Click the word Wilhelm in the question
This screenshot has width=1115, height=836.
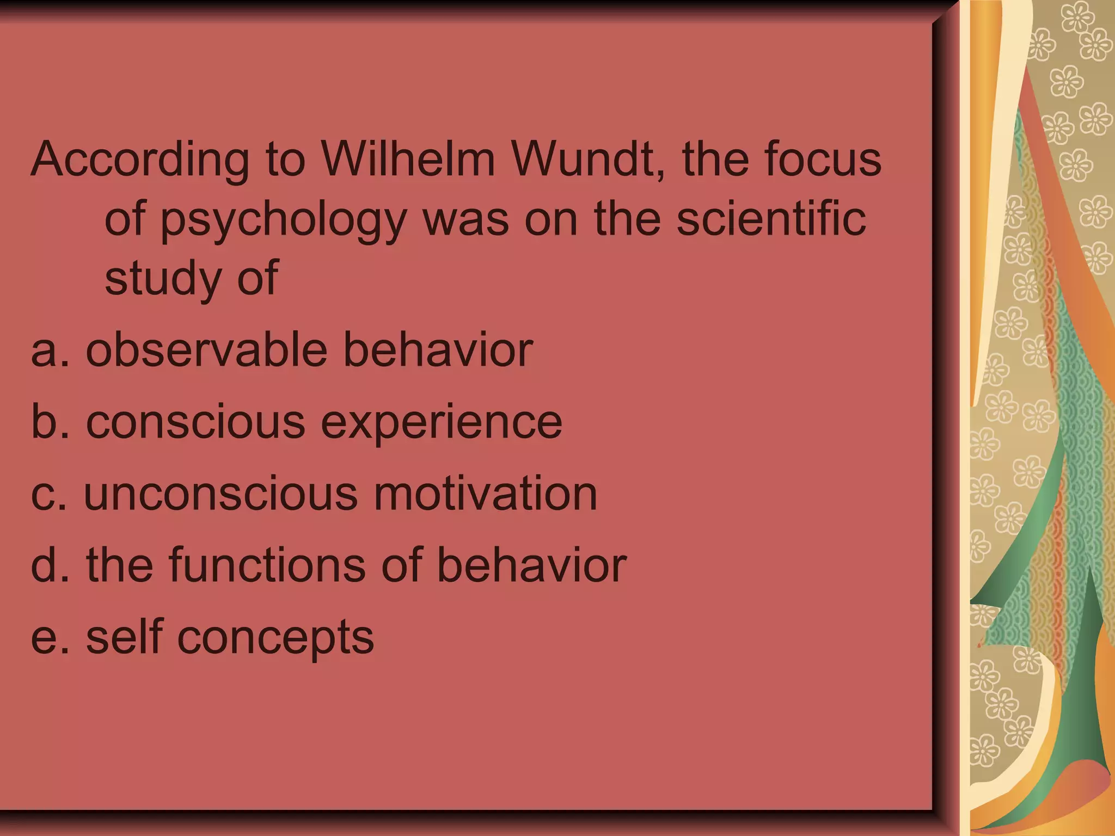coord(408,159)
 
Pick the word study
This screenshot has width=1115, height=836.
coord(162,279)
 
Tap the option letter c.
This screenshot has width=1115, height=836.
coord(43,494)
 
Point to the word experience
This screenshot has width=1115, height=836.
coord(442,423)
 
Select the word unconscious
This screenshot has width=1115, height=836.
coord(221,494)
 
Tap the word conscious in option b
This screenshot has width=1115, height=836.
coord(195,422)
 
